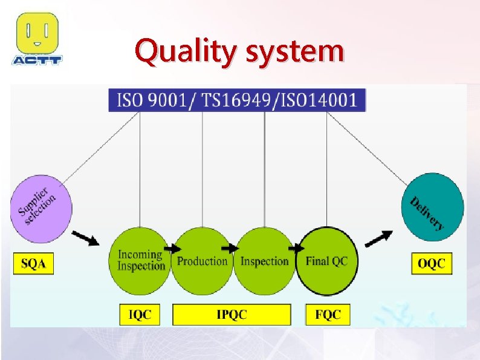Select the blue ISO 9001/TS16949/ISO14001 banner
tap(237, 100)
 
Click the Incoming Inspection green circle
tap(140, 261)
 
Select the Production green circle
tap(202, 261)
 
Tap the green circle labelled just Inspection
tap(264, 261)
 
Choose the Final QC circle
tap(327, 261)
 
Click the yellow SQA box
tap(33, 264)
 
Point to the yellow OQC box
tap(432, 264)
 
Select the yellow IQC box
tap(140, 314)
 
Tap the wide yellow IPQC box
tap(232, 314)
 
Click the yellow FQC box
tap(328, 314)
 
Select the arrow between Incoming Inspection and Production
tap(174, 248)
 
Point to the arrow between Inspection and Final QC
tap(296, 248)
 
